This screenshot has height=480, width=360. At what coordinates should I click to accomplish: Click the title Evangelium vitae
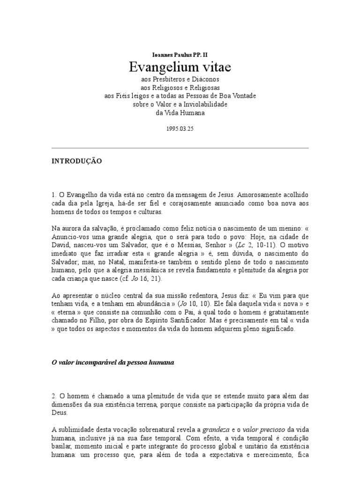point(180,67)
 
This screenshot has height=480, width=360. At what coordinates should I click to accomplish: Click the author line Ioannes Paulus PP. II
point(180,54)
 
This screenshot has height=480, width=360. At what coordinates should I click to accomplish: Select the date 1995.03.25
point(180,128)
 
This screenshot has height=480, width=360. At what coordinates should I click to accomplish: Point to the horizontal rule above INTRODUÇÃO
point(180,148)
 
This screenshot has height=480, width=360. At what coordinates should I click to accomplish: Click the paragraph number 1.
point(53,195)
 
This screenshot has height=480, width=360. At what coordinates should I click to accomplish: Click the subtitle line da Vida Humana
point(180,112)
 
